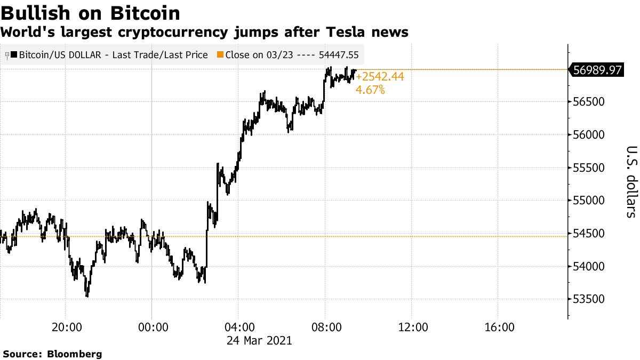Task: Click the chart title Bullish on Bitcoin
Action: tap(91, 12)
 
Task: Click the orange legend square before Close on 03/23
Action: tap(220, 54)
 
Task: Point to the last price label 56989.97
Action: tap(597, 69)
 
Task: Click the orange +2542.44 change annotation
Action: tap(380, 77)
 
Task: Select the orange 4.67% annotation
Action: tap(370, 90)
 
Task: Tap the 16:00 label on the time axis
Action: tap(498, 326)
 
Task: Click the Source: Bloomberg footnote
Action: tap(52, 354)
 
